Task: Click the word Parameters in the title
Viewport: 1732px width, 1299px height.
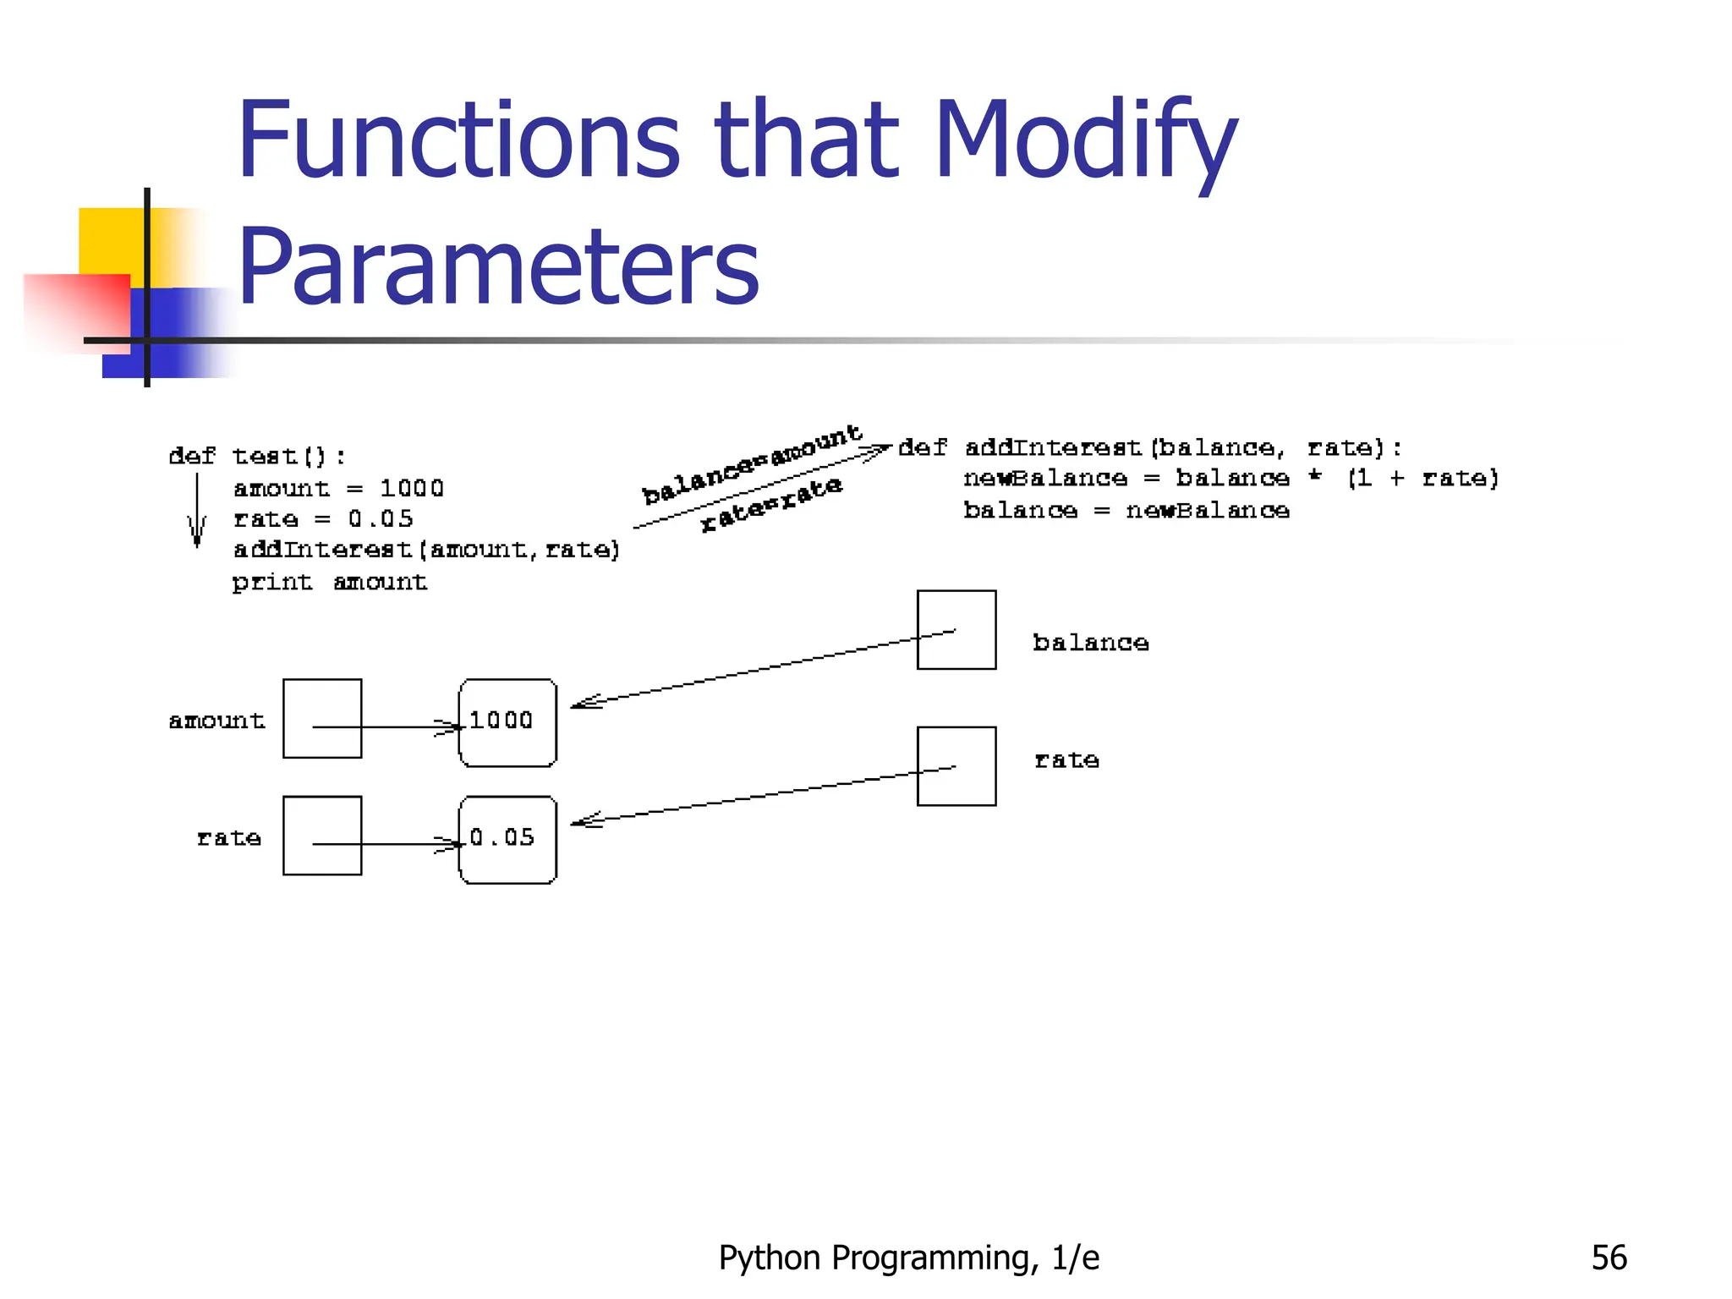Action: pyautogui.click(x=499, y=266)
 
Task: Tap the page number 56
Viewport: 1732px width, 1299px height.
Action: pyautogui.click(x=1609, y=1258)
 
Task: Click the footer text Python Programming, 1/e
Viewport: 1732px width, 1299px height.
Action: pyautogui.click(x=908, y=1258)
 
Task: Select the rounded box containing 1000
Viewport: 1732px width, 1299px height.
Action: pyautogui.click(x=507, y=722)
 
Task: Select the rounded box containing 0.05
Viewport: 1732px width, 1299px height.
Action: pyautogui.click(x=507, y=839)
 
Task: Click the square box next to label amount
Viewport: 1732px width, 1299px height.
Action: pyautogui.click(x=322, y=718)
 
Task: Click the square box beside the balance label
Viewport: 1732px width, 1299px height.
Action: pyautogui.click(x=956, y=629)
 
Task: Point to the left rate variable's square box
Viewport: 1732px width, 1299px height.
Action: pyautogui.click(x=322, y=835)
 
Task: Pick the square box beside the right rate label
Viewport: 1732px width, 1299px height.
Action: pyautogui.click(x=956, y=765)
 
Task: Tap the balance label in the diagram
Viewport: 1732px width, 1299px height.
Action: pyautogui.click(x=1090, y=643)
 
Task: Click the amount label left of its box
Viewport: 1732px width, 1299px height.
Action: pyautogui.click(x=216, y=721)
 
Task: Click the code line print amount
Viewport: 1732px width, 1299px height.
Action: pyautogui.click(x=330, y=582)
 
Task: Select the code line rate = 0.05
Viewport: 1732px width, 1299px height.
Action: pyautogui.click(x=323, y=518)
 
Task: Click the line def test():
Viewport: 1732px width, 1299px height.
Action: pyautogui.click(x=257, y=457)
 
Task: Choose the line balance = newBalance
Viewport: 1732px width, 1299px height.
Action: pyautogui.click(x=1126, y=510)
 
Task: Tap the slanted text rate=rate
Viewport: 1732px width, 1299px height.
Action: pyautogui.click(x=771, y=503)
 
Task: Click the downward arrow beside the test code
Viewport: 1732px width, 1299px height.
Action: pyautogui.click(x=197, y=510)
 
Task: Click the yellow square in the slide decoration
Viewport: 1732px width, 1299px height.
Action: pyautogui.click(x=110, y=240)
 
